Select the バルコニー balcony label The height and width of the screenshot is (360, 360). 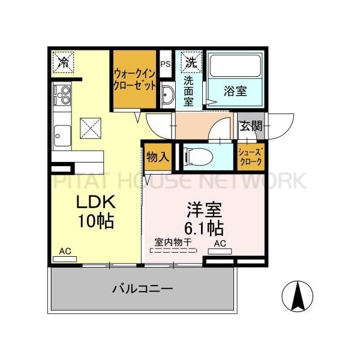[x=143, y=289]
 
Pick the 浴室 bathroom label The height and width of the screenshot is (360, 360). [x=236, y=92]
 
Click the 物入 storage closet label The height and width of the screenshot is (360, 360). [x=157, y=157]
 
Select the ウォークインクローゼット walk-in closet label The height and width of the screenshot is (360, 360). [x=135, y=80]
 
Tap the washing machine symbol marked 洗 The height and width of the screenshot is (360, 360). [x=191, y=62]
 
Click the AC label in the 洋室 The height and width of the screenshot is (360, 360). [x=220, y=244]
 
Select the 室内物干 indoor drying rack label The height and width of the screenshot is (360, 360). [x=173, y=242]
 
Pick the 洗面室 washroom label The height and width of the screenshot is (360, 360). [x=188, y=90]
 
